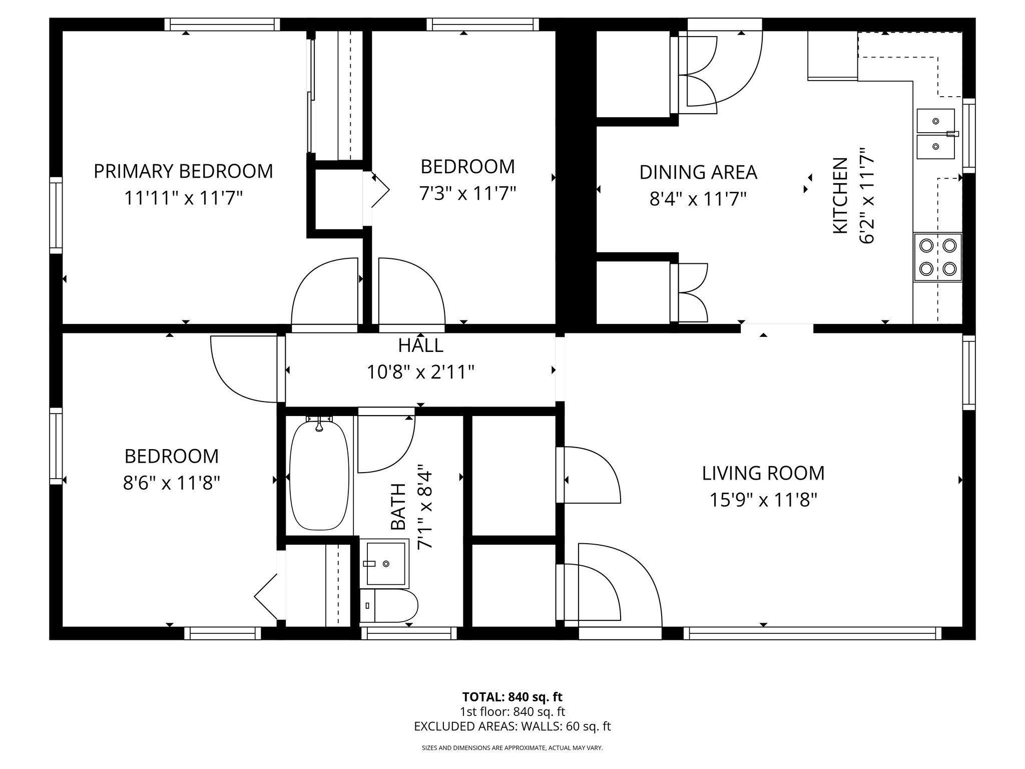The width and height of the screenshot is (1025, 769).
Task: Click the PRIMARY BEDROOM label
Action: click(x=183, y=171)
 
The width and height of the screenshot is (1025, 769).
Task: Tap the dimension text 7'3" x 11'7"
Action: click(x=467, y=193)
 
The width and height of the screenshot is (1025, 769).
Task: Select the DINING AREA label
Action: click(x=698, y=172)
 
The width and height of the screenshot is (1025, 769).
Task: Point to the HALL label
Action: click(x=420, y=345)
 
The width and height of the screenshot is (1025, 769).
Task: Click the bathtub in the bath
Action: click(x=319, y=475)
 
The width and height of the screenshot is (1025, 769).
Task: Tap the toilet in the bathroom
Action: click(x=389, y=605)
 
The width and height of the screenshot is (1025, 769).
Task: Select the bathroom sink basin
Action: click(x=385, y=564)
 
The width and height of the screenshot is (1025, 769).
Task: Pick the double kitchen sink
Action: click(x=935, y=134)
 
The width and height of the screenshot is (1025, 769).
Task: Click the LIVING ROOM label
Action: click(x=763, y=473)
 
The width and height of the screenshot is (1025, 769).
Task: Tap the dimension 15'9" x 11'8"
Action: click(x=763, y=500)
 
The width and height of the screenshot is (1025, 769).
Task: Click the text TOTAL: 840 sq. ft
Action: click(x=512, y=697)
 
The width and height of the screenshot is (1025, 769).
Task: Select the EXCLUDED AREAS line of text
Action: click(x=512, y=726)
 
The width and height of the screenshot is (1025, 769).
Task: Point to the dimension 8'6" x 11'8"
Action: click(x=171, y=483)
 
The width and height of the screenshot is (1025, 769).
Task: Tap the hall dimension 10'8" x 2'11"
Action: click(x=420, y=372)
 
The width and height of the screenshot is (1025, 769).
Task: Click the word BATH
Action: click(x=398, y=506)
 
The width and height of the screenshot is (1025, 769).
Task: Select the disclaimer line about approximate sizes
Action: click(x=512, y=748)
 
